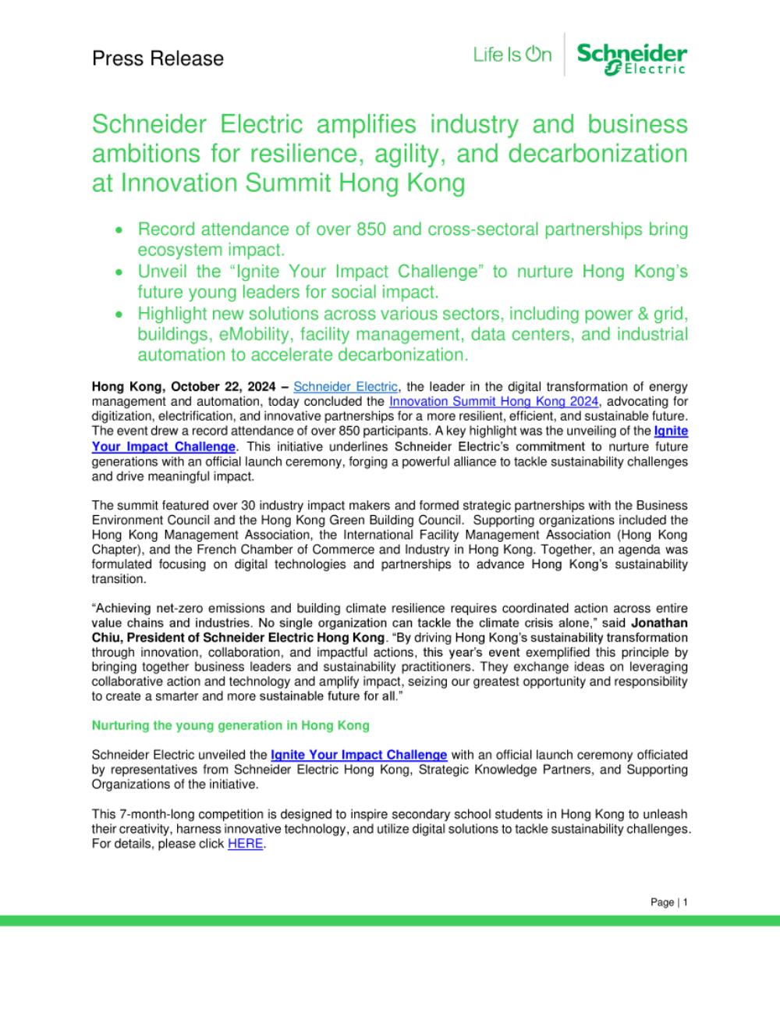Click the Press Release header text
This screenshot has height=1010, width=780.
pyautogui.click(x=158, y=59)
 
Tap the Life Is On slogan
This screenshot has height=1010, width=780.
pyautogui.click(x=512, y=55)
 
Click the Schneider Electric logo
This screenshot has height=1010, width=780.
pyautogui.click(x=632, y=59)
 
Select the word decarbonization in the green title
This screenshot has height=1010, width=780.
pyautogui.click(x=597, y=154)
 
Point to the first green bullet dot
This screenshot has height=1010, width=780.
pyautogui.click(x=119, y=230)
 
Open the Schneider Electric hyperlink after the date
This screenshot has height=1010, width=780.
pyautogui.click(x=346, y=386)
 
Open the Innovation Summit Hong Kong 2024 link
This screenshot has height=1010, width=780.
pyautogui.click(x=494, y=401)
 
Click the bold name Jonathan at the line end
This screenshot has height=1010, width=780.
pyautogui.click(x=659, y=623)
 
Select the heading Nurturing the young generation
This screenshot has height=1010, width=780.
pyautogui.click(x=230, y=725)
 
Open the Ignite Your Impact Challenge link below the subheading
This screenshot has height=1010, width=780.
pyautogui.click(x=359, y=755)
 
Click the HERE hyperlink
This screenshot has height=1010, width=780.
pyautogui.click(x=245, y=844)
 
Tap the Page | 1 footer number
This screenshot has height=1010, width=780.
pyautogui.click(x=669, y=902)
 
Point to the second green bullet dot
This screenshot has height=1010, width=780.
pyautogui.click(x=119, y=272)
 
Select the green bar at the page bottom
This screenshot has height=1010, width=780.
pyautogui.click(x=390, y=921)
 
